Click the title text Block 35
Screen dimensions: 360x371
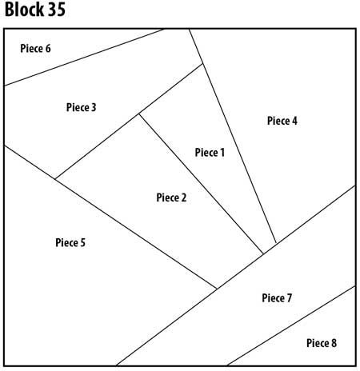[35, 10]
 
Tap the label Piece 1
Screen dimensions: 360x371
[210, 153]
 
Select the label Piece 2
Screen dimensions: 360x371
[171, 197]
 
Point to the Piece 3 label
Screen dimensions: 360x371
[81, 107]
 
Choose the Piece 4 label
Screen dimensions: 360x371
[282, 121]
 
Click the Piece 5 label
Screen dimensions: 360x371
[70, 242]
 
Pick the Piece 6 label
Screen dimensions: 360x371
[35, 48]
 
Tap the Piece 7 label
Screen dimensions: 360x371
[277, 297]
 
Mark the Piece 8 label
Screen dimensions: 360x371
[322, 343]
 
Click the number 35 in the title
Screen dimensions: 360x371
[57, 10]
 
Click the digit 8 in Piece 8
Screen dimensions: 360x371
[334, 343]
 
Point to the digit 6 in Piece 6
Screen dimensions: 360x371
[48, 48]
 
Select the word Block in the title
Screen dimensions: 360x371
[24, 10]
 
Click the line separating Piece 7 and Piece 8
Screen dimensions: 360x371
[291, 325]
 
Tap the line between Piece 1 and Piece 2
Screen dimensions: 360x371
[201, 184]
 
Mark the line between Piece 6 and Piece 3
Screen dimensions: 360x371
[84, 58]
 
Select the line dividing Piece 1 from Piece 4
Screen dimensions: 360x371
[233, 136]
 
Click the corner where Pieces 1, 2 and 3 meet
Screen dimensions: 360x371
[138, 114]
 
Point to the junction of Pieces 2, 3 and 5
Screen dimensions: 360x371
[55, 179]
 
